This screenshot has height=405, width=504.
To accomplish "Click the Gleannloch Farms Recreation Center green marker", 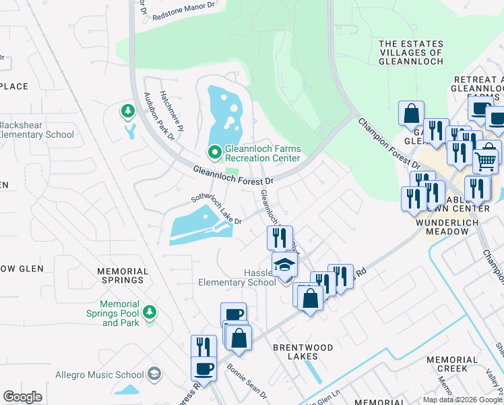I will (x=215, y=153).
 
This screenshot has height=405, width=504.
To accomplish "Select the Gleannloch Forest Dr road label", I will (x=233, y=176).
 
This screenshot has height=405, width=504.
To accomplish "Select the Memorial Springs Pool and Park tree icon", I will (x=149, y=311).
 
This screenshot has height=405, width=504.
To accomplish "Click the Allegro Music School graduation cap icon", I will (x=154, y=374).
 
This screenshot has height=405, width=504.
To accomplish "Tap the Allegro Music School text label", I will (x=112, y=375).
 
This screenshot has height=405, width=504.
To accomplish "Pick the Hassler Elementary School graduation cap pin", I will (x=284, y=264).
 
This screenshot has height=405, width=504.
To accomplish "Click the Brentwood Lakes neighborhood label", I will (x=303, y=352).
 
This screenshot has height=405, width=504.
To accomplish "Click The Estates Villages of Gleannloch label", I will (x=411, y=52).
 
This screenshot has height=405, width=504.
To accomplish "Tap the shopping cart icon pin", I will (x=486, y=159).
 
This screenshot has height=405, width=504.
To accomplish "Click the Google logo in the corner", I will (x=23, y=397).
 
